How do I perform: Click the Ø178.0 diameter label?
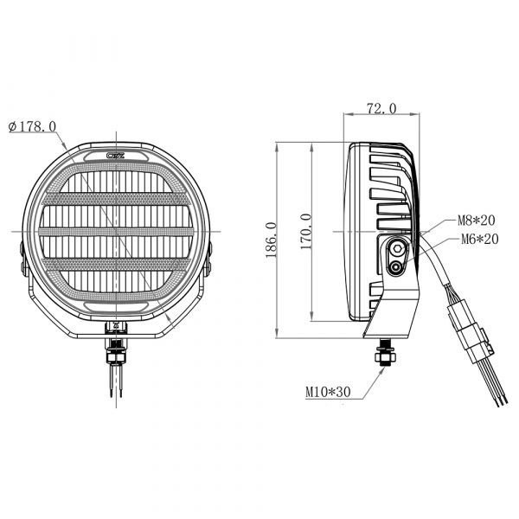click(32, 126)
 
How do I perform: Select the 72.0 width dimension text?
click(381, 109)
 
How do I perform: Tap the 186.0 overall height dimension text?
click(271, 240)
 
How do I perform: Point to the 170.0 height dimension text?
click(306, 231)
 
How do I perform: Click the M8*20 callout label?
click(476, 220)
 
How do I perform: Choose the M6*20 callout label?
click(479, 239)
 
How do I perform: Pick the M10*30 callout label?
click(328, 392)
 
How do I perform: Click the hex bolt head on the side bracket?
click(397, 248)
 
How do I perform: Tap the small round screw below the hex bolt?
click(395, 266)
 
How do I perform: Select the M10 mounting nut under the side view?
click(385, 356)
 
